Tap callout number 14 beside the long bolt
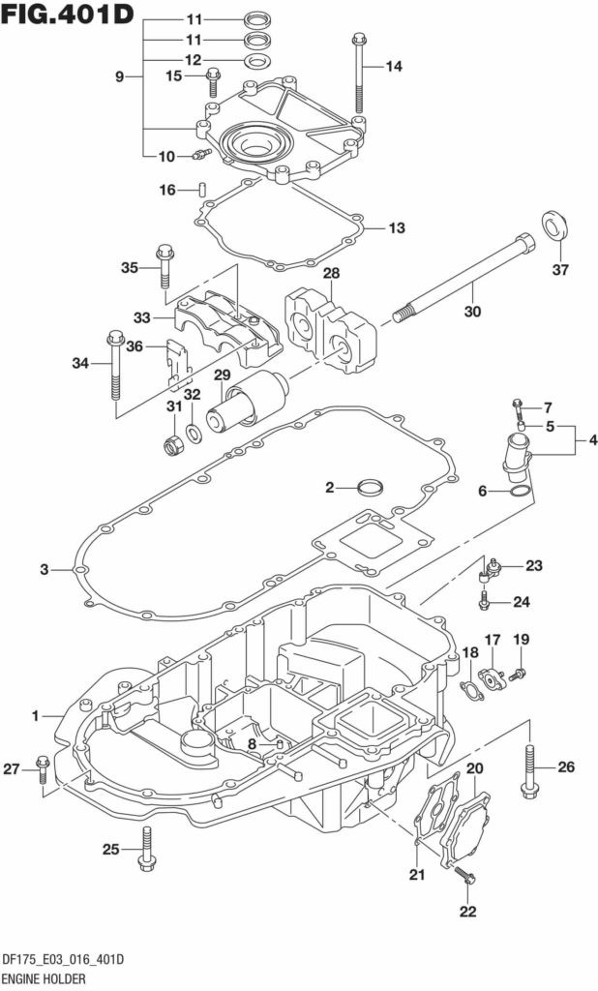pyautogui.click(x=393, y=66)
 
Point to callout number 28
pyautogui.click(x=330, y=274)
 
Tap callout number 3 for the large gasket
pyautogui.click(x=45, y=569)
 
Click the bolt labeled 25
pyautogui.click(x=146, y=849)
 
